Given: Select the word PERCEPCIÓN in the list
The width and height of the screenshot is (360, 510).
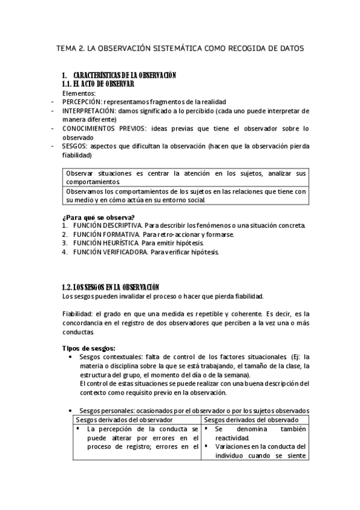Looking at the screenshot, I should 83,102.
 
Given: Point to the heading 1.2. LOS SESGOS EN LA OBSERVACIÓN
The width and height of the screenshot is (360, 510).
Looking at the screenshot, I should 111,287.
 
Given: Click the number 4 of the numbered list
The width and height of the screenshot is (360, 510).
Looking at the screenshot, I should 64,252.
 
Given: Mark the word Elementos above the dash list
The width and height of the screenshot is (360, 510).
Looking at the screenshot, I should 79,93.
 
